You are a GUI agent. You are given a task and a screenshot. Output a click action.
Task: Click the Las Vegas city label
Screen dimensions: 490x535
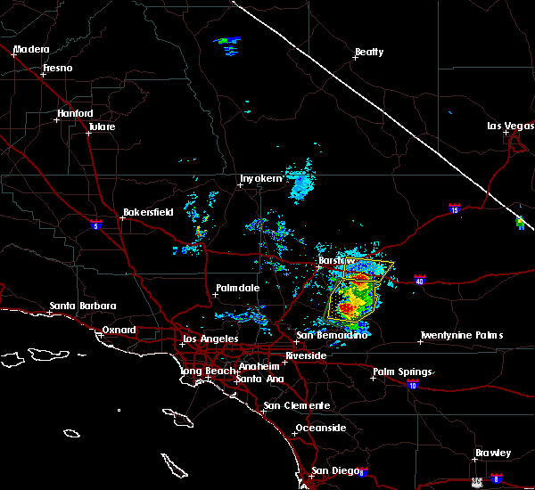click(x=508, y=126)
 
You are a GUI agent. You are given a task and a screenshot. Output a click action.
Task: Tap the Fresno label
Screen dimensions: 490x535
click(x=57, y=68)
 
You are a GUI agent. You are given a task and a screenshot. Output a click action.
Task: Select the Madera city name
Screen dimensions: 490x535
click(x=31, y=49)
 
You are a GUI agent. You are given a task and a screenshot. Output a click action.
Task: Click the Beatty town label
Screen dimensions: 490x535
click(x=369, y=52)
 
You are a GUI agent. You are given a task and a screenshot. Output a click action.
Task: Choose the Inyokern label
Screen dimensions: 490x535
click(x=261, y=178)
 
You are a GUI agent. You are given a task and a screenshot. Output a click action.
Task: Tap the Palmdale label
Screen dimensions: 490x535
click(x=237, y=288)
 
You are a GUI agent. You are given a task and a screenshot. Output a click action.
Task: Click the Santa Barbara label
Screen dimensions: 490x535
click(x=83, y=306)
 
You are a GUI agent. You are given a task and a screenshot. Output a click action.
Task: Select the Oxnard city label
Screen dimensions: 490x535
click(x=119, y=330)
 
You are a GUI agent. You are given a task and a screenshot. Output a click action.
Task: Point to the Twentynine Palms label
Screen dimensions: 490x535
click(x=462, y=335)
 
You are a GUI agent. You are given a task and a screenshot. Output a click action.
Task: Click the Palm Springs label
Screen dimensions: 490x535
click(x=403, y=372)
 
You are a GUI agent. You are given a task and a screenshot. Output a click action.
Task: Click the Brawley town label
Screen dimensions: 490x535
click(x=493, y=453)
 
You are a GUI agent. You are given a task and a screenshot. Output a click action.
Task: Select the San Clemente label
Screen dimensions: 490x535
click(x=296, y=405)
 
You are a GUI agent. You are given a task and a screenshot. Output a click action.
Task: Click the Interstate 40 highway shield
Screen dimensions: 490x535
click(x=419, y=281)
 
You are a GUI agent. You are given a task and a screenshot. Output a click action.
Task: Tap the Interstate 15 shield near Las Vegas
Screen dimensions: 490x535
click(x=454, y=210)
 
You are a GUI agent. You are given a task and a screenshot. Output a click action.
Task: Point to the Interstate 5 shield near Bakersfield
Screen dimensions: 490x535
click(x=96, y=225)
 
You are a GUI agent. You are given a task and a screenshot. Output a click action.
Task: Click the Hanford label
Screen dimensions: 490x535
click(x=75, y=113)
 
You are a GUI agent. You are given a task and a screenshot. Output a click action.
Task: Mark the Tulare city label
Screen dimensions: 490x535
click(x=102, y=127)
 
